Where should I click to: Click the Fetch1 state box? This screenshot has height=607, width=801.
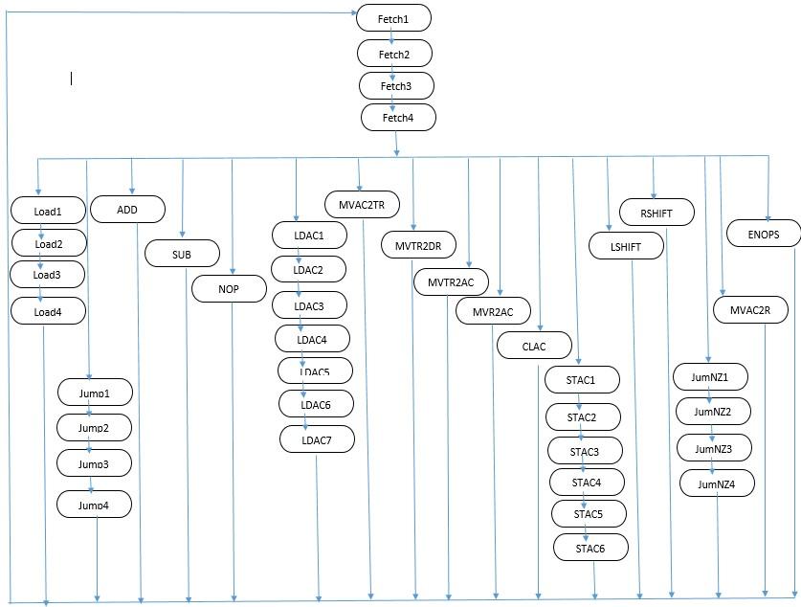(394, 18)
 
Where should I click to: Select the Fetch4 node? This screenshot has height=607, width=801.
(398, 117)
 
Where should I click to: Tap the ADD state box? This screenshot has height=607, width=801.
(128, 209)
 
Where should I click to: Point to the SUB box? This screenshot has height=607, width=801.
(182, 254)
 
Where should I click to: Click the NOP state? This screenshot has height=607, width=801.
(230, 287)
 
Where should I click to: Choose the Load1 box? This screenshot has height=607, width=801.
(48, 210)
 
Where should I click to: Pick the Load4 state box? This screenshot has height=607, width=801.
(48, 310)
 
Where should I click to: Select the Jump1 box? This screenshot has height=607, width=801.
(94, 393)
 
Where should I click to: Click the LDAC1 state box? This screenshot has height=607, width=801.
(308, 235)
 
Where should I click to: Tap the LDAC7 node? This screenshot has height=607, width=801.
(317, 438)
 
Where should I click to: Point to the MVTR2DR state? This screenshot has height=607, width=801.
(418, 245)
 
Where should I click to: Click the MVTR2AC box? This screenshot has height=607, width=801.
(452, 282)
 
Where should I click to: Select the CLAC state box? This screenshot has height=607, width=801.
(534, 346)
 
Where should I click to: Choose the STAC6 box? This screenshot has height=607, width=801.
(590, 548)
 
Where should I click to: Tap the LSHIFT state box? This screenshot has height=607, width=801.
(626, 246)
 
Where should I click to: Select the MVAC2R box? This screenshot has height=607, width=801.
(751, 310)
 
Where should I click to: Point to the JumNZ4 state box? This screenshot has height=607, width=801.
(717, 483)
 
